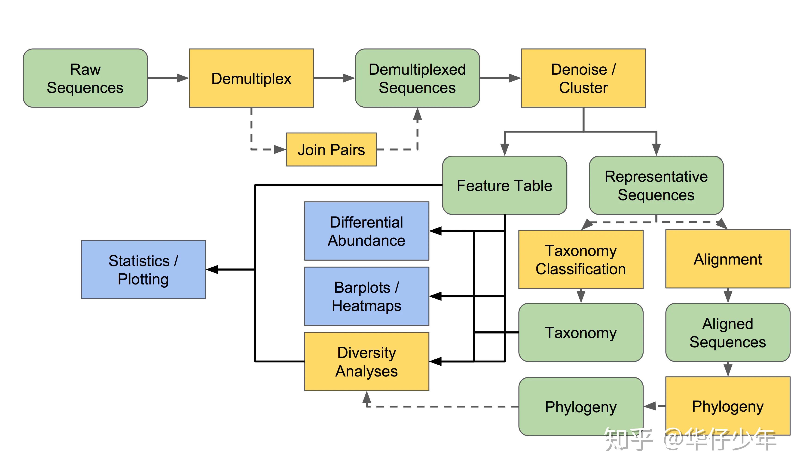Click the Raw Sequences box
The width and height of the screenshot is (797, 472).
point(85,78)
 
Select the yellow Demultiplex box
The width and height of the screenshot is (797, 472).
point(251,78)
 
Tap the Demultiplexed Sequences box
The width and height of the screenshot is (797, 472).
point(417,78)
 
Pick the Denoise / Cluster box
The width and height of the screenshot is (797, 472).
point(583,78)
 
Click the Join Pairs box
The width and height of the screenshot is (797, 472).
point(331,149)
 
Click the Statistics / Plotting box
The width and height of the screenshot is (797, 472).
point(143,270)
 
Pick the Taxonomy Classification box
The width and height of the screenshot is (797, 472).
point(580,259)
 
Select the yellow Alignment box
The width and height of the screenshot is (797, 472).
point(727,259)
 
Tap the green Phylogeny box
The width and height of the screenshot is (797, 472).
point(580,407)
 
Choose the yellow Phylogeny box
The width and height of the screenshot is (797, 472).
point(727,406)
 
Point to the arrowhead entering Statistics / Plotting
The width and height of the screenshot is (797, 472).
point(212,270)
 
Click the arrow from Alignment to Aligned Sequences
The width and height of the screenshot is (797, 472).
point(728,296)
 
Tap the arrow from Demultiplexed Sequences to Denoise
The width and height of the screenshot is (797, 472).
point(500,78)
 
